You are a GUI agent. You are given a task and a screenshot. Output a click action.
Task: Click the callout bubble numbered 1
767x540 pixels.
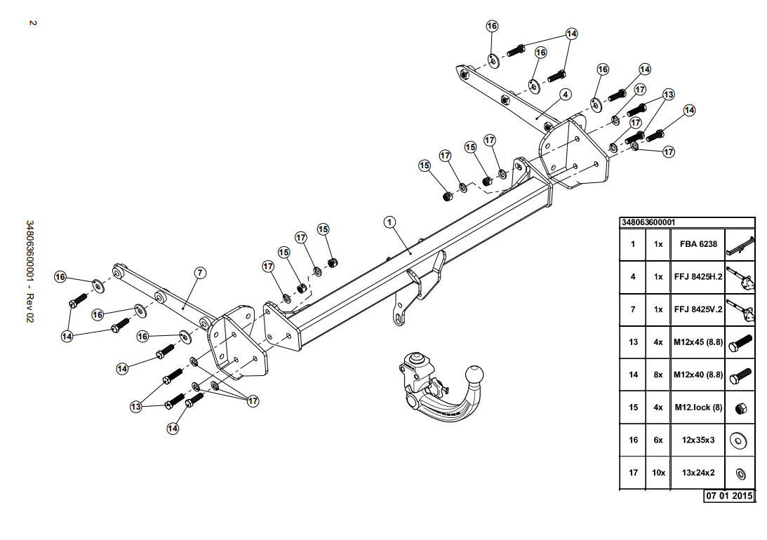coord(389,222)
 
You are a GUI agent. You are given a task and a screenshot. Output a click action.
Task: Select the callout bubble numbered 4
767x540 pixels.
coord(566,94)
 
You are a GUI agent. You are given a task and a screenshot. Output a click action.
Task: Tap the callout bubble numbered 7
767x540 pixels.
coord(200,273)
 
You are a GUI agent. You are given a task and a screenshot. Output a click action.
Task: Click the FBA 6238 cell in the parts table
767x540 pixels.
coord(698,244)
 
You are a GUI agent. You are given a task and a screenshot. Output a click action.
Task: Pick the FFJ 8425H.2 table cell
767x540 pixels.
coord(698,276)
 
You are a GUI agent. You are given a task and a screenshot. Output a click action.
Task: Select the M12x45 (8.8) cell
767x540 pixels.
coord(698,342)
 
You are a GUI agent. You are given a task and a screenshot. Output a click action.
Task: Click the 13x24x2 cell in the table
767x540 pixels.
coord(698,473)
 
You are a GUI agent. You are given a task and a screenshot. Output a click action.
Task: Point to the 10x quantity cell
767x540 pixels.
coord(658,473)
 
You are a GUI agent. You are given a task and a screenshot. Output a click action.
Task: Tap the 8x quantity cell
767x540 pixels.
coord(658,374)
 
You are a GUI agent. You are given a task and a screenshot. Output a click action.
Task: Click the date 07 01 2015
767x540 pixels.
coord(729,496)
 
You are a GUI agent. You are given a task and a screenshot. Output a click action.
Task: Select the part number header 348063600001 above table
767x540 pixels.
coord(648,222)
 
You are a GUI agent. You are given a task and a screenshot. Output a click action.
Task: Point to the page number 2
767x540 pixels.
coord(33,22)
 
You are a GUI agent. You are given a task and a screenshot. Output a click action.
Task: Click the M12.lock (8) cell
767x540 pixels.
coord(698,407)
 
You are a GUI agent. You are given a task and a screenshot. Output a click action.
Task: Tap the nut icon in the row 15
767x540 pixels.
coord(740,407)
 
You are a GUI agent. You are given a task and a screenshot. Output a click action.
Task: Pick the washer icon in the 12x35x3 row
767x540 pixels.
coord(738,440)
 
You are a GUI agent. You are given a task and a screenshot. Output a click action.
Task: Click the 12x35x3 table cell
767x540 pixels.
coord(698,440)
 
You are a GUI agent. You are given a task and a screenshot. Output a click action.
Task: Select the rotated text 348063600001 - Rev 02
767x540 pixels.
coord(30,271)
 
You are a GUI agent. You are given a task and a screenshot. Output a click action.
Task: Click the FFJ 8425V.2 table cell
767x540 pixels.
coord(698,309)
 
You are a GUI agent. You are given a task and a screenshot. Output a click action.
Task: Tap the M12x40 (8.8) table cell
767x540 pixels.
coord(698,374)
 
